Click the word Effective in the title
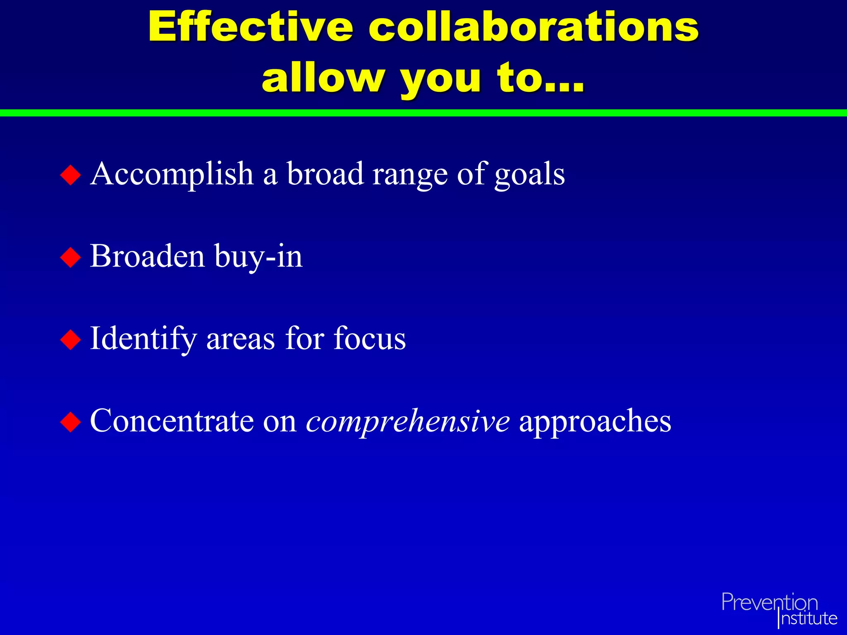tap(251, 27)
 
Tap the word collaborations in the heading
tap(534, 27)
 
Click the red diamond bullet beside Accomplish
tap(71, 175)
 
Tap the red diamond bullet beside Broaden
tap(71, 257)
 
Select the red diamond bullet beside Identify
tap(71, 339)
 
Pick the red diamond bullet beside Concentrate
tap(71, 422)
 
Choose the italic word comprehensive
tap(408, 422)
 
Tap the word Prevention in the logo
tap(770, 602)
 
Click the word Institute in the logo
tap(809, 618)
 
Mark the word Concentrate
tap(172, 421)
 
